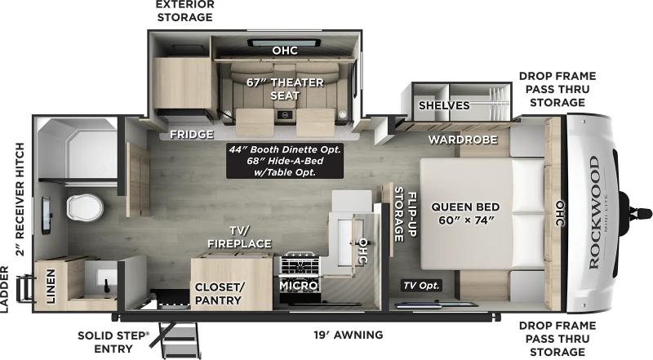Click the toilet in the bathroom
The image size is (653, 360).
coord(85,207)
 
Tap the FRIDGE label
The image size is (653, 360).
coord(192,135)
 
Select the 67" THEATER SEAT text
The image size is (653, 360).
coord(285,89)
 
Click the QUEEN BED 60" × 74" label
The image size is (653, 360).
coord(465,213)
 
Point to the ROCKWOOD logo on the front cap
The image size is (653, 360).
coord(595,212)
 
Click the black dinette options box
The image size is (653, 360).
coord(285,161)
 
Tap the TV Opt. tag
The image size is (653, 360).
coord(420,286)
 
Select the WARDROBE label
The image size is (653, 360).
coord(463,140)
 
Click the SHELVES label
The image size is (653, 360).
coord(444,105)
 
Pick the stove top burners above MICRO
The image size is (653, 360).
coord(300,264)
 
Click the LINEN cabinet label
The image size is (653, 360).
coord(51,286)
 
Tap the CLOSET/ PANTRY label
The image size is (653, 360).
coord(219,294)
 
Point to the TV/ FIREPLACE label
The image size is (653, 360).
coord(239,237)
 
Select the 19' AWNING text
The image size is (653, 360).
coord(349,335)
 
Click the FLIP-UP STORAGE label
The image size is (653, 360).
coord(405,214)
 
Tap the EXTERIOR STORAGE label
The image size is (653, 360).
coord(185,11)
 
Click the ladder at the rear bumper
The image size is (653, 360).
coord(25,288)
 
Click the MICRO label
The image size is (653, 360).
coord(299,286)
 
